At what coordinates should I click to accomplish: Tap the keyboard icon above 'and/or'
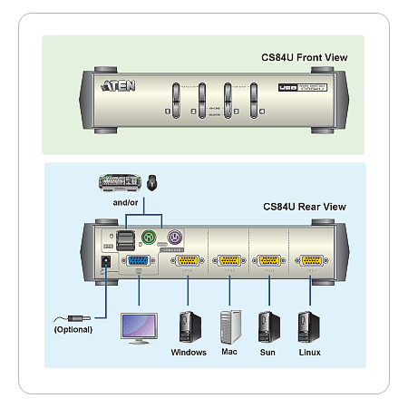click(x=122, y=182)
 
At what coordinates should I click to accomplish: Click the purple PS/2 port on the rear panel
click(x=175, y=239)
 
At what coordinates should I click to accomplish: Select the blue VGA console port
click(x=141, y=261)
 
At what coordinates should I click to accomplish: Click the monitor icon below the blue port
click(x=139, y=327)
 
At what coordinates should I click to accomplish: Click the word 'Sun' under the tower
click(x=267, y=352)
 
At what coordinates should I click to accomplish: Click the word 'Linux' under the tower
click(x=309, y=352)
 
